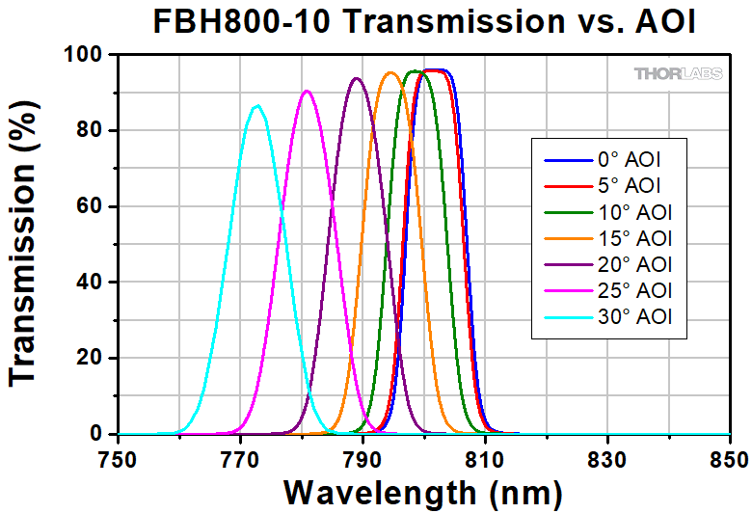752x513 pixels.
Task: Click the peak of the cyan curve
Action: pos(256,106)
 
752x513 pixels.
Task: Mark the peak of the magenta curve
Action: pos(307,91)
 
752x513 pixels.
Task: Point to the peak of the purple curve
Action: pos(357,78)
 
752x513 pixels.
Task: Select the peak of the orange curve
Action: pos(390,72)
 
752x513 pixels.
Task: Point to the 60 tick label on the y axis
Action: pos(94,206)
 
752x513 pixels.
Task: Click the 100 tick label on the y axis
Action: pos(87,55)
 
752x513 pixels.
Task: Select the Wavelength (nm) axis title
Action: pos(422,492)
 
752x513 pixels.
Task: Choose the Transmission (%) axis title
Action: pos(27,245)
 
